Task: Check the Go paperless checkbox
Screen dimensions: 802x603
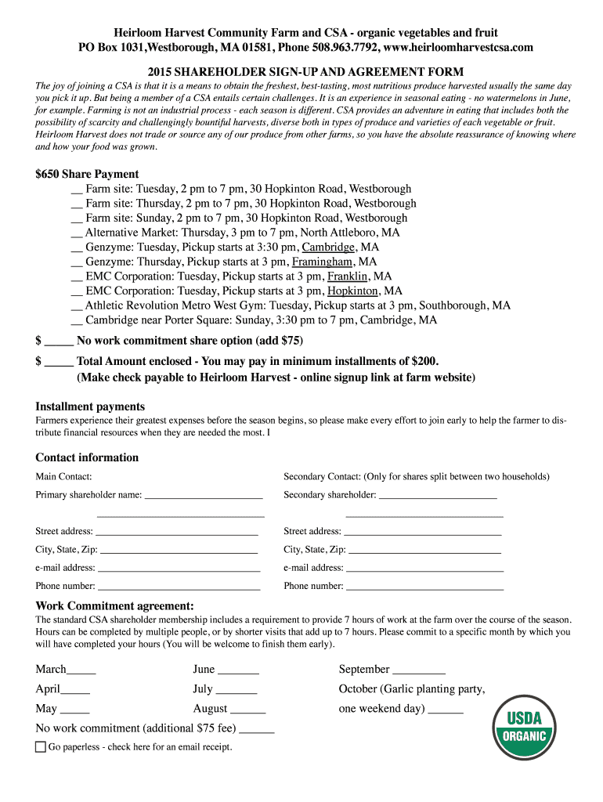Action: click(41, 747)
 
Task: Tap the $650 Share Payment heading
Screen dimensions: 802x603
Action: click(87, 174)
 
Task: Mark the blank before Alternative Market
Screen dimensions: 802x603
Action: click(76, 233)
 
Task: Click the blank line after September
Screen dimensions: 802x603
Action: click(419, 670)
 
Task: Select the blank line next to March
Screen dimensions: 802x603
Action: click(81, 670)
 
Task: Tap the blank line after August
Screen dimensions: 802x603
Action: click(248, 710)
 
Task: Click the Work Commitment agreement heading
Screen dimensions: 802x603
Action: click(114, 605)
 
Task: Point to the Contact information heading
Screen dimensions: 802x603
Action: click(87, 457)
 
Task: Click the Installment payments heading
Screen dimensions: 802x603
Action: click(90, 406)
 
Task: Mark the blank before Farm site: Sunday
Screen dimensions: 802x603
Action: click(76, 219)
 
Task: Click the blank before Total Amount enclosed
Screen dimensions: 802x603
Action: click(59, 362)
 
